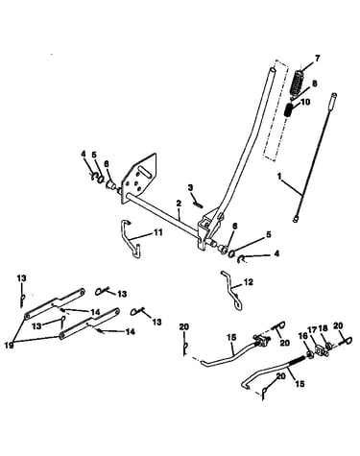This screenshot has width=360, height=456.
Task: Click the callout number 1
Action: [x=279, y=176]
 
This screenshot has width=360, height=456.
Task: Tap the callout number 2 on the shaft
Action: [x=179, y=204]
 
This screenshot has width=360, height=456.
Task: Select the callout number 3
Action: [x=191, y=187]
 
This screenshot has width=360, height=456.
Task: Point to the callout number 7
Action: [x=317, y=59]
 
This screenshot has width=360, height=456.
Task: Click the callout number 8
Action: [x=315, y=84]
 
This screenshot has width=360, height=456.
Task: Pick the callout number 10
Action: [x=305, y=102]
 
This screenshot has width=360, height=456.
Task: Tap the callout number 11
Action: [x=158, y=232]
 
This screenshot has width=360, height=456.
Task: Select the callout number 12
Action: [x=249, y=282]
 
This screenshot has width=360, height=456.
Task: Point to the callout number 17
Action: [x=312, y=329]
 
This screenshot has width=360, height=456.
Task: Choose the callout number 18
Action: [x=324, y=329]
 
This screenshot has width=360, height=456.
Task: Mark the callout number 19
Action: [x=10, y=345]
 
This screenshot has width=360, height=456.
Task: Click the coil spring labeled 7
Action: [x=299, y=83]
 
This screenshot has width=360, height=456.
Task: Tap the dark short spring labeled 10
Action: [x=289, y=109]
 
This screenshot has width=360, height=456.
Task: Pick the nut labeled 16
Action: [x=309, y=354]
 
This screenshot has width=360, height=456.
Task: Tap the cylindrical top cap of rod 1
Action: [x=333, y=96]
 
